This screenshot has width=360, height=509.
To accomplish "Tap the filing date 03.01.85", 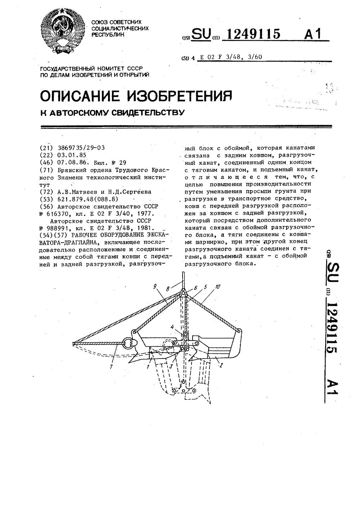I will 71,155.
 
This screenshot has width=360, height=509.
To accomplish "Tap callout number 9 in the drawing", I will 155,287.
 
